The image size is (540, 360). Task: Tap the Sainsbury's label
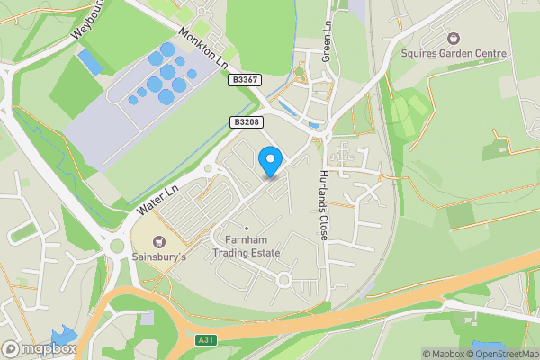click(x=159, y=257)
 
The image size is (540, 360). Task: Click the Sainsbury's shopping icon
click(x=159, y=241)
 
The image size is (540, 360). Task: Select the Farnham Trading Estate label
click(x=247, y=247)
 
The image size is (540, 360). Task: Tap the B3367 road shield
click(x=244, y=80)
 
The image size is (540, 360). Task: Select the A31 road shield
click(x=206, y=340)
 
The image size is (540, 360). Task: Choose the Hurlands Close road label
click(x=324, y=205)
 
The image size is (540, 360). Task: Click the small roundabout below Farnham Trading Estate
click(x=284, y=280)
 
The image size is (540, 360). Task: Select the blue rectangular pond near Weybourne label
click(x=90, y=62)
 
